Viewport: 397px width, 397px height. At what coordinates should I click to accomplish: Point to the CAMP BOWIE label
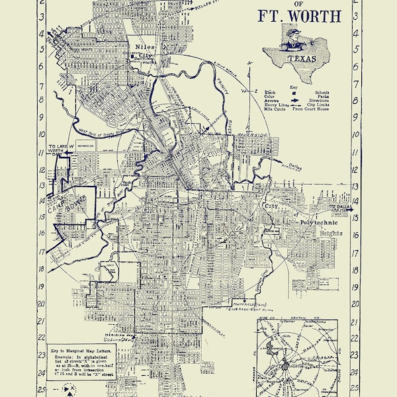66,200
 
